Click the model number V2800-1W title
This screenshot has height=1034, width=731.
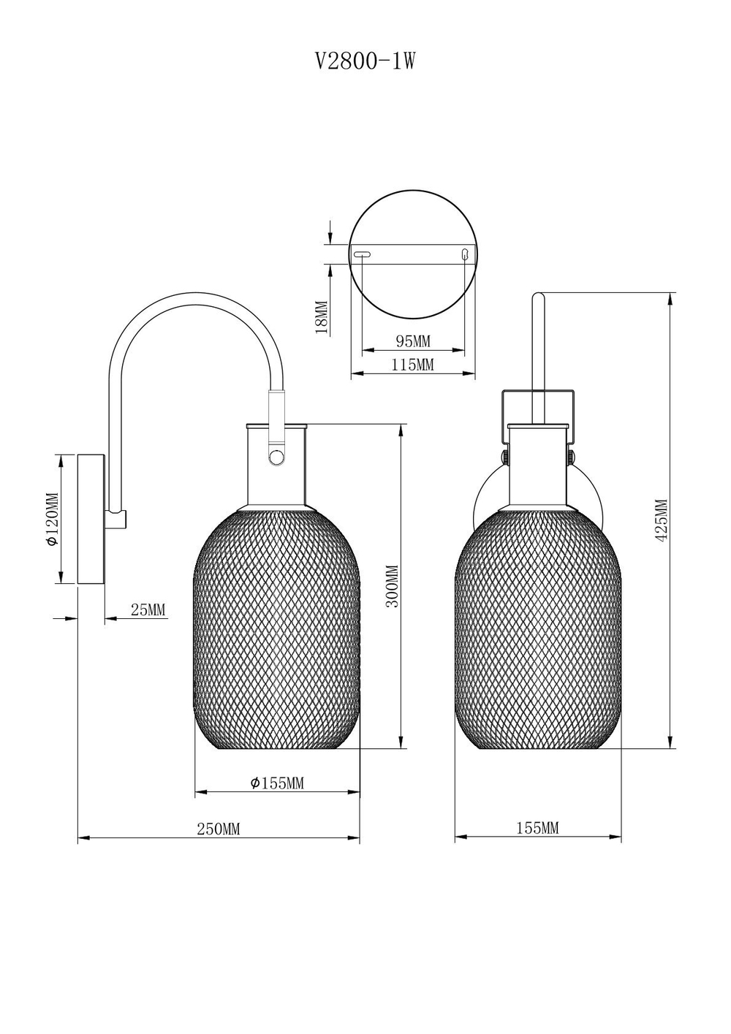[x=365, y=61]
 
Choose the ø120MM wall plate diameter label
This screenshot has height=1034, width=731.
[x=53, y=519]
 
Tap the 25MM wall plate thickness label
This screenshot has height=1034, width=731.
[x=148, y=609]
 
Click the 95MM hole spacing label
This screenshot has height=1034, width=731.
[x=413, y=341]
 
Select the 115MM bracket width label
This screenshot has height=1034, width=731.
[x=413, y=365]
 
